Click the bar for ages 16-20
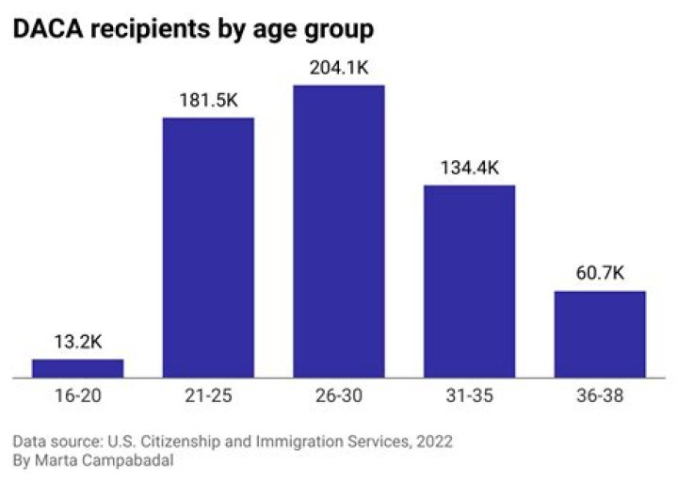click(x=78, y=368)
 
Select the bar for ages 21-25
click(x=208, y=247)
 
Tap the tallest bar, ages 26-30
click(x=339, y=232)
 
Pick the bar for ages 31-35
click(x=469, y=281)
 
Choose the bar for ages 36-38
click(x=600, y=334)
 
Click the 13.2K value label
click(x=78, y=342)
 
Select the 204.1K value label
click(x=339, y=69)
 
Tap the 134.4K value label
click(x=469, y=169)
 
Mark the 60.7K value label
click(x=600, y=275)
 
